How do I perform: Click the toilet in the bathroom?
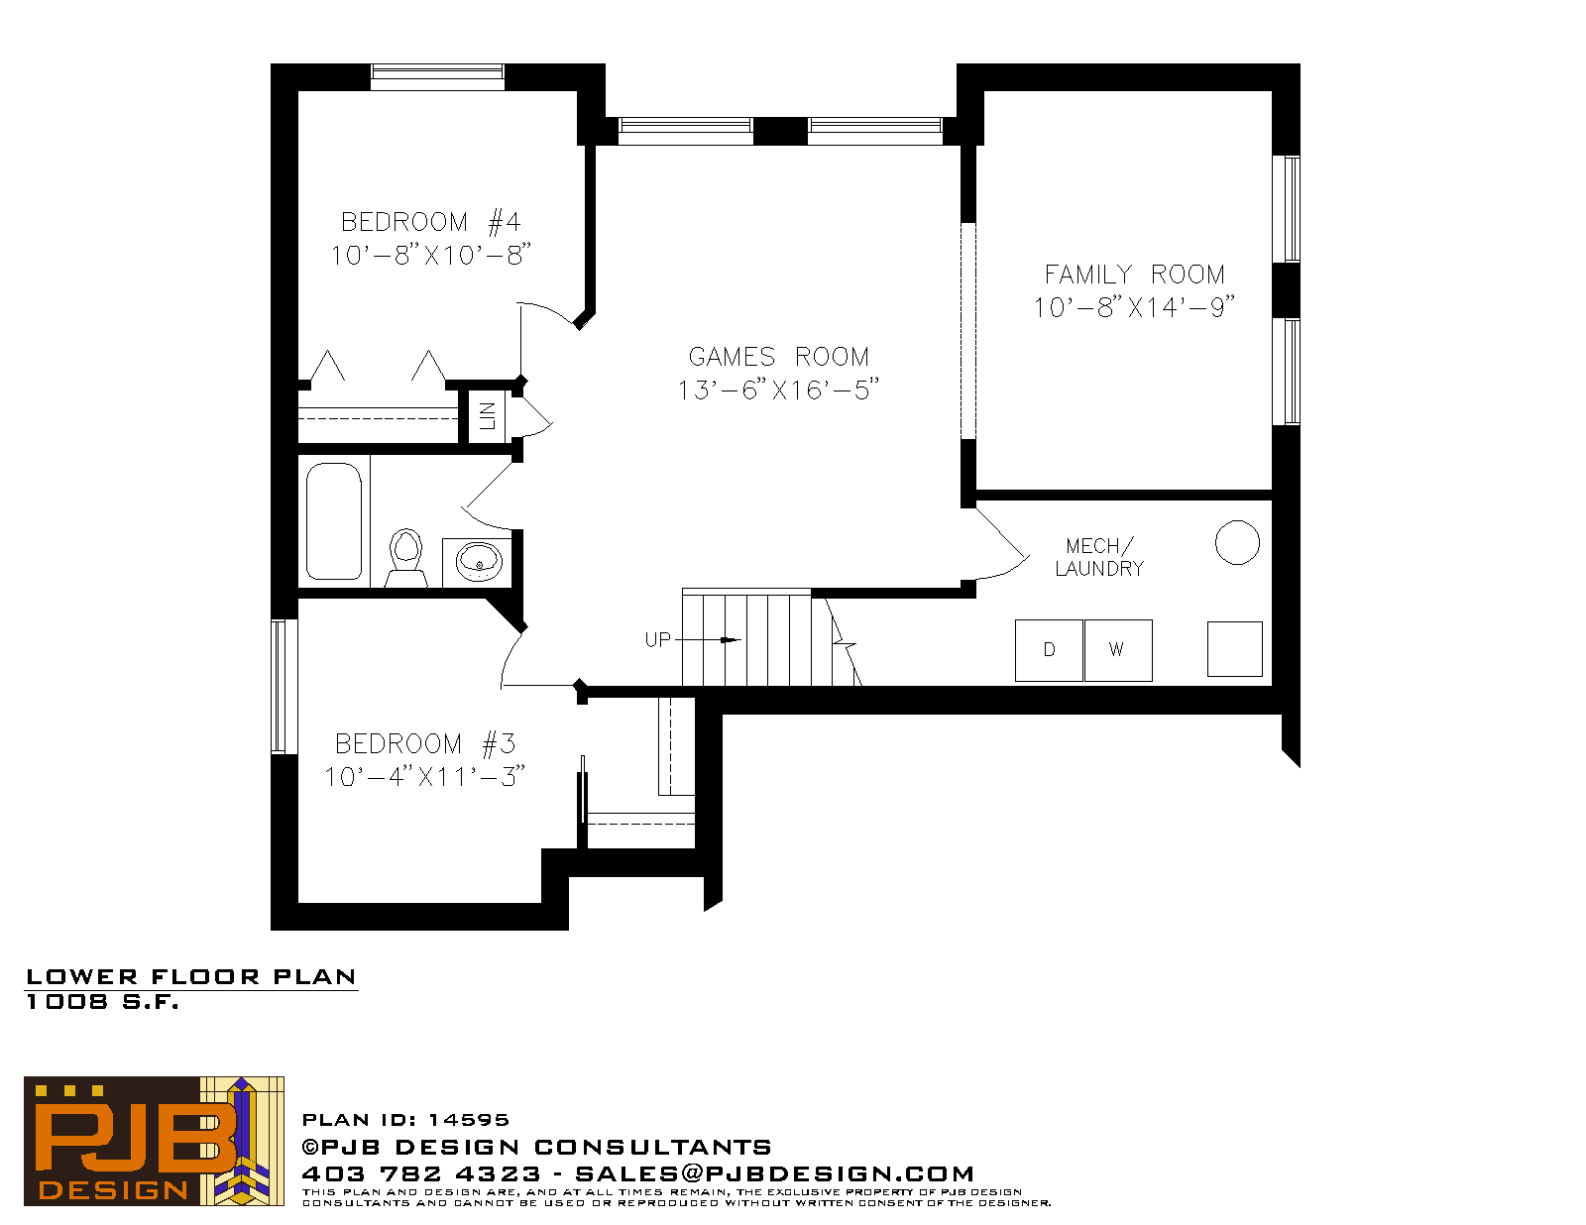coord(405,558)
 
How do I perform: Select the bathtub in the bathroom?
coord(333,521)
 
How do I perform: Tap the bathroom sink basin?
coord(478,561)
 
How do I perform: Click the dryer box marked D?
coord(1049,650)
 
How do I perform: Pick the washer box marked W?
coord(1118,650)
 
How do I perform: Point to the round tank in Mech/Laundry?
coord(1237,542)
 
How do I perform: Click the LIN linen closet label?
coord(487,416)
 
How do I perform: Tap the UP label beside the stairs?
coord(657,640)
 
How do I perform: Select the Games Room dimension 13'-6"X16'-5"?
coord(778,390)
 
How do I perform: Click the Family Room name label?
coord(1135,275)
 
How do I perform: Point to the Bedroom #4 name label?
coord(430,222)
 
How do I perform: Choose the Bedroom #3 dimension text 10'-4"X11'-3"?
coord(425,776)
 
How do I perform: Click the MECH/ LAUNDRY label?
coord(1100,557)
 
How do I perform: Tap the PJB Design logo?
coord(154,1141)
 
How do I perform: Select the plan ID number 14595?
coord(469,1120)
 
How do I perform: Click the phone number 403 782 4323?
coord(421,1173)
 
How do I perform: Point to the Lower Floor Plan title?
coord(191,976)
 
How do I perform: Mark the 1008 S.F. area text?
coord(102,1002)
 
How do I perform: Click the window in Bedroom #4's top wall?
coord(437,76)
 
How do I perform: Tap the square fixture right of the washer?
coord(1235,648)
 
